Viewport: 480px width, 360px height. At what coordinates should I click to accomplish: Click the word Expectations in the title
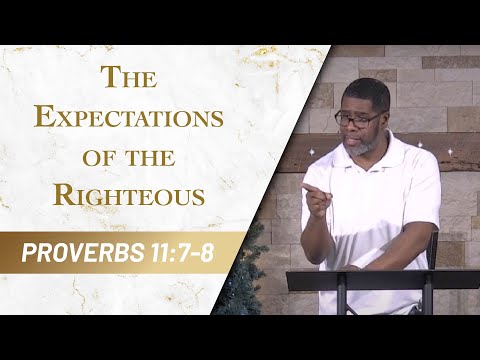pyautogui.click(x=128, y=117)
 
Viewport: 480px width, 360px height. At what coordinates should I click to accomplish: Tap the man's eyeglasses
pyautogui.click(x=359, y=116)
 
